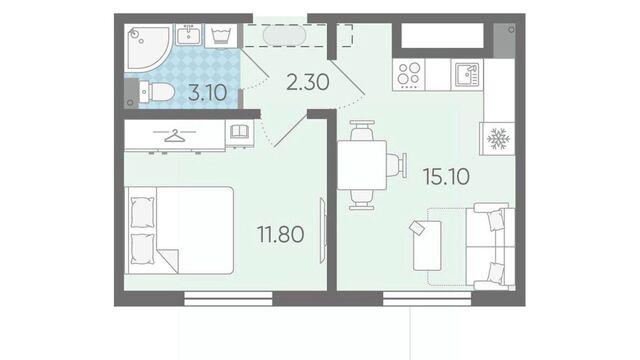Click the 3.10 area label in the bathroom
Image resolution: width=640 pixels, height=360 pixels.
[207, 93]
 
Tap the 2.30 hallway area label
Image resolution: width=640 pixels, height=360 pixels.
[307, 82]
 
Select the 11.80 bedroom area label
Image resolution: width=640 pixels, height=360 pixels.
[280, 234]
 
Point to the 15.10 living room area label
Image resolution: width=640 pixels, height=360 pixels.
[446, 176]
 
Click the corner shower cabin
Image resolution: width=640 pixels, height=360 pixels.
[147, 48]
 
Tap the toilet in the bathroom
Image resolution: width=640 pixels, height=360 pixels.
[156, 92]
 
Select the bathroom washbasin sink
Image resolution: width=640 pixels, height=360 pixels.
[189, 35]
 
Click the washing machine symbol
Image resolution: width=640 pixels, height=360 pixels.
[221, 36]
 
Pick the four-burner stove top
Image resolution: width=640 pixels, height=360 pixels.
[409, 74]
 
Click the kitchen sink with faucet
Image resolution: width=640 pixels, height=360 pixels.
[467, 74]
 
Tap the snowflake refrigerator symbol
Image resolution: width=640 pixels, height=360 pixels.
[498, 139]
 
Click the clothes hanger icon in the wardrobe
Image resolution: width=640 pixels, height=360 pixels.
[175, 136]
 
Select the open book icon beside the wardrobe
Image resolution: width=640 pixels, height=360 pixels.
[239, 132]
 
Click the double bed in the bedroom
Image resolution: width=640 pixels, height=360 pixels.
[180, 230]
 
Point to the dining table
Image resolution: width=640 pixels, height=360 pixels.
[362, 165]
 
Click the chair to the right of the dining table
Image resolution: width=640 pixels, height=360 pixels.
[397, 165]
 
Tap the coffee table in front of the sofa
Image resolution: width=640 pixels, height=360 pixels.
[427, 246]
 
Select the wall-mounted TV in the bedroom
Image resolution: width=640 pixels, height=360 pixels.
[323, 231]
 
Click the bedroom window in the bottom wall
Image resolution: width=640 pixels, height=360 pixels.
[228, 298]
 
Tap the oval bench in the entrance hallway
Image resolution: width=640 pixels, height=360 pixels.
[284, 36]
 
